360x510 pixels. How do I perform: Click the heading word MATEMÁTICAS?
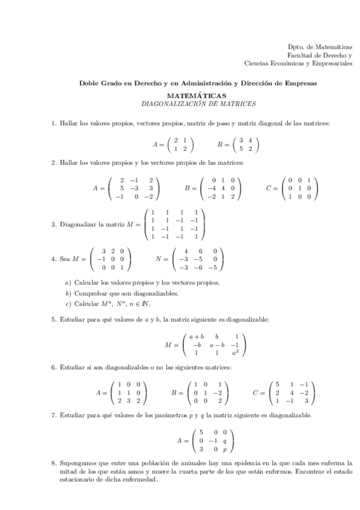(196, 96)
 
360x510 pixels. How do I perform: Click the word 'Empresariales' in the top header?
(332, 63)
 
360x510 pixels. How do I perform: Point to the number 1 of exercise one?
(53, 123)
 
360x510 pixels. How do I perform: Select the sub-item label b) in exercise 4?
(69, 293)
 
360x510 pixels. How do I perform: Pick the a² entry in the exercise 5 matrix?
(237, 353)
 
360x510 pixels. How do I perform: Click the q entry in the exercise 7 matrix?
(224, 440)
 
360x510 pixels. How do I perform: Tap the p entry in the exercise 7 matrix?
(224, 449)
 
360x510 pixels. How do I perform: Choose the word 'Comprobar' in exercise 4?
(90, 293)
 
